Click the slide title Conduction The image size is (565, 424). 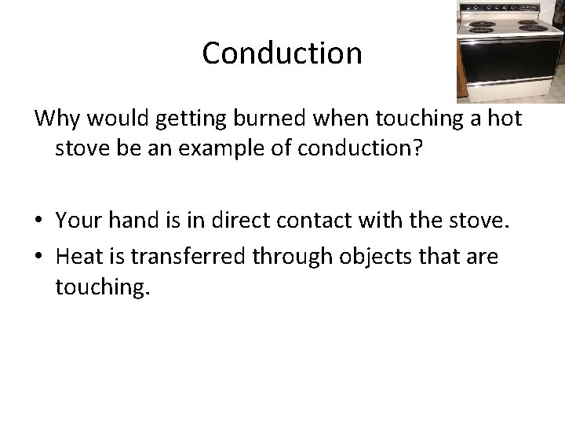[x=282, y=53]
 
